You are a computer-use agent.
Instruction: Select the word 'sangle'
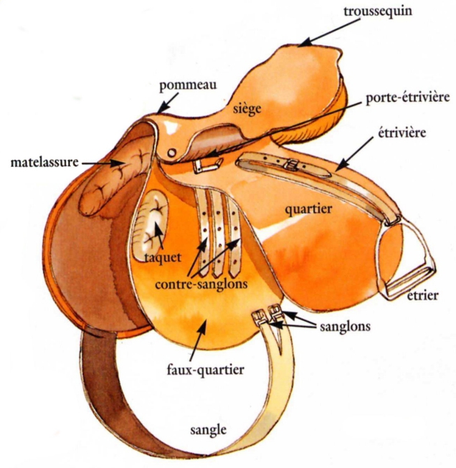tap(208, 431)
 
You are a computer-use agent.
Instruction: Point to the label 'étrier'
tap(422, 295)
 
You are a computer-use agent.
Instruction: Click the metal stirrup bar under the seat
tap(204, 163)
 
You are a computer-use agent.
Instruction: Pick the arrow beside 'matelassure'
tap(97, 163)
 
